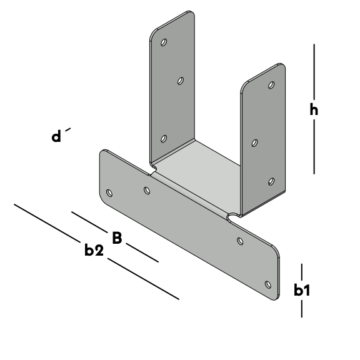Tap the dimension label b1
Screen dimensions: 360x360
pyautogui.click(x=302, y=289)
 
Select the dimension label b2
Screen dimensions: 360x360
pyautogui.click(x=94, y=249)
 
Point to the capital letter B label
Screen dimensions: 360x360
pyautogui.click(x=117, y=237)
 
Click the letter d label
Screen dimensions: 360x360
pyautogui.click(x=56, y=136)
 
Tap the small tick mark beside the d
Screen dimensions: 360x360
pyautogui.click(x=67, y=130)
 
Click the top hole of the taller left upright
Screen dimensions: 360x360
pyautogui.click(x=164, y=42)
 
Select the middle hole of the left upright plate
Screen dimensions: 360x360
pyautogui.click(x=181, y=81)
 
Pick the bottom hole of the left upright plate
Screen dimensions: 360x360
pyautogui.click(x=164, y=139)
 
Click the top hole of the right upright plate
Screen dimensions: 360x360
pyautogui.click(x=271, y=85)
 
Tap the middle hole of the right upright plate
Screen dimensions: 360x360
pyautogui.click(x=254, y=142)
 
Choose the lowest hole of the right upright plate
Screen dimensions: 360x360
pyautogui.click(x=271, y=181)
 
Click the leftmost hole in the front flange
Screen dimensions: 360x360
pyautogui.click(x=109, y=193)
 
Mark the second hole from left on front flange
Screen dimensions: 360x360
pyautogui.click(x=147, y=191)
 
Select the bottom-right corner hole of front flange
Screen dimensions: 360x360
pyautogui.click(x=268, y=284)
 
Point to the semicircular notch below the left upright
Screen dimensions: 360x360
pyautogui.click(x=153, y=170)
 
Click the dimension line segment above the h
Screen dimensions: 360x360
pyautogui.click(x=314, y=72)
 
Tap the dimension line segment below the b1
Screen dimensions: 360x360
pyautogui.click(x=302, y=309)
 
